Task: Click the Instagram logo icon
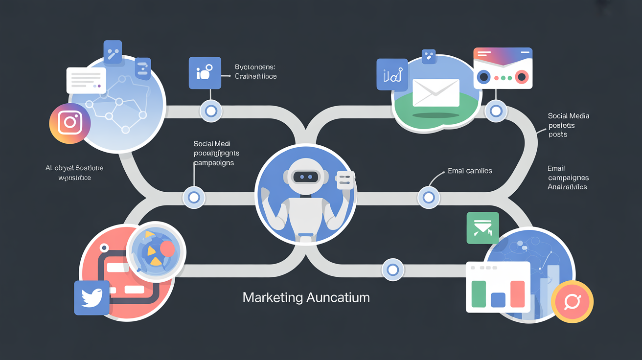click(69, 123)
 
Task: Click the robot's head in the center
click(305, 173)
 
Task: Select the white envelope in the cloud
click(436, 92)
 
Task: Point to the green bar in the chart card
click(478, 294)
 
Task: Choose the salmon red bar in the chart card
click(517, 294)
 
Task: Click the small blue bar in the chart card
click(498, 299)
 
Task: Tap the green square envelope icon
click(482, 228)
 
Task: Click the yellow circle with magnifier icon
click(572, 302)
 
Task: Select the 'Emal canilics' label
click(470, 171)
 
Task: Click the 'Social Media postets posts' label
click(568, 125)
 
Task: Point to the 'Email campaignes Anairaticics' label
click(568, 178)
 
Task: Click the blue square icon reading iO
click(205, 73)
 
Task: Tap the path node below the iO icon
click(211, 111)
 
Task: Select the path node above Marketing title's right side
click(392, 270)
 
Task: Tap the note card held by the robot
click(345, 181)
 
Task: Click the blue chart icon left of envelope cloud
click(392, 74)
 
